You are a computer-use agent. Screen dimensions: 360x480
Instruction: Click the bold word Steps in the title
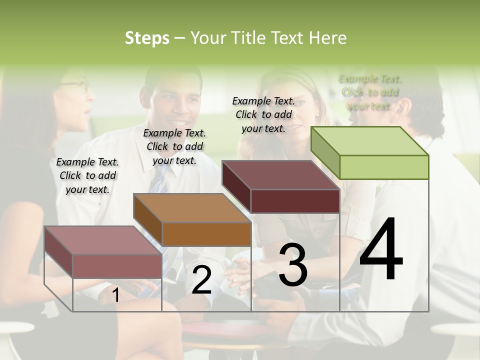pyautogui.click(x=147, y=38)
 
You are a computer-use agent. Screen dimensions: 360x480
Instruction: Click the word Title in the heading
pyautogui.click(x=250, y=38)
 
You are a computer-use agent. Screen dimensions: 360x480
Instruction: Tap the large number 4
pyautogui.click(x=381, y=250)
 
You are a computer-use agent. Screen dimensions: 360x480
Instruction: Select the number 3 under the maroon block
pyautogui.click(x=293, y=265)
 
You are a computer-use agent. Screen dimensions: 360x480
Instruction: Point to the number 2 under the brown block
pyautogui.click(x=201, y=280)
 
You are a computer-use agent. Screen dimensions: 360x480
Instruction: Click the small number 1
pyautogui.click(x=115, y=295)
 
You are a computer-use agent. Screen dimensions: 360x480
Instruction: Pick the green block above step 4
pyautogui.click(x=370, y=152)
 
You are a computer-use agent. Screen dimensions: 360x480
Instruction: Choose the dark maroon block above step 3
pyautogui.click(x=281, y=186)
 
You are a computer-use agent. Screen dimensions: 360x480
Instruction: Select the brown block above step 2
pyautogui.click(x=192, y=220)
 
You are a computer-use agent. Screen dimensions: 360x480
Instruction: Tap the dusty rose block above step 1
pyautogui.click(x=103, y=252)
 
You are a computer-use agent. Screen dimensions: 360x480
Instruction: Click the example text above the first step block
pyautogui.click(x=87, y=175)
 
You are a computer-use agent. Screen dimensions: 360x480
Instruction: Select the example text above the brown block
pyautogui.click(x=174, y=146)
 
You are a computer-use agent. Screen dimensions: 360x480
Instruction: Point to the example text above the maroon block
pyautogui.click(x=263, y=114)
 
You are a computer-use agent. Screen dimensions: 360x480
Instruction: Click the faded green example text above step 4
pyautogui.click(x=369, y=92)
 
